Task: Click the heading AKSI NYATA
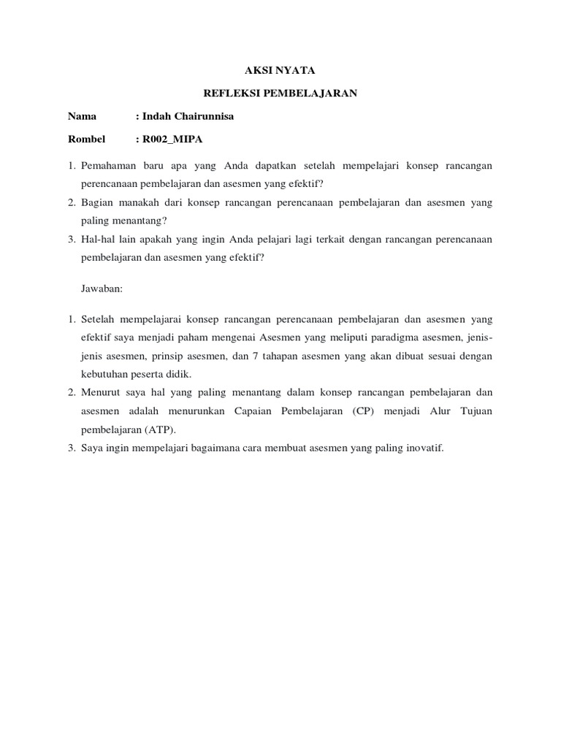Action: [280, 70]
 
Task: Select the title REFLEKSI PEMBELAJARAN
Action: [280, 93]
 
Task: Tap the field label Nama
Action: [82, 116]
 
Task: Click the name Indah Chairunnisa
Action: [188, 116]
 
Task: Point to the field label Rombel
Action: [86, 139]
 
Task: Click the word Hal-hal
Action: [96, 238]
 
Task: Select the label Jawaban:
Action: [102, 289]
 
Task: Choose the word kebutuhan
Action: [104, 374]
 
